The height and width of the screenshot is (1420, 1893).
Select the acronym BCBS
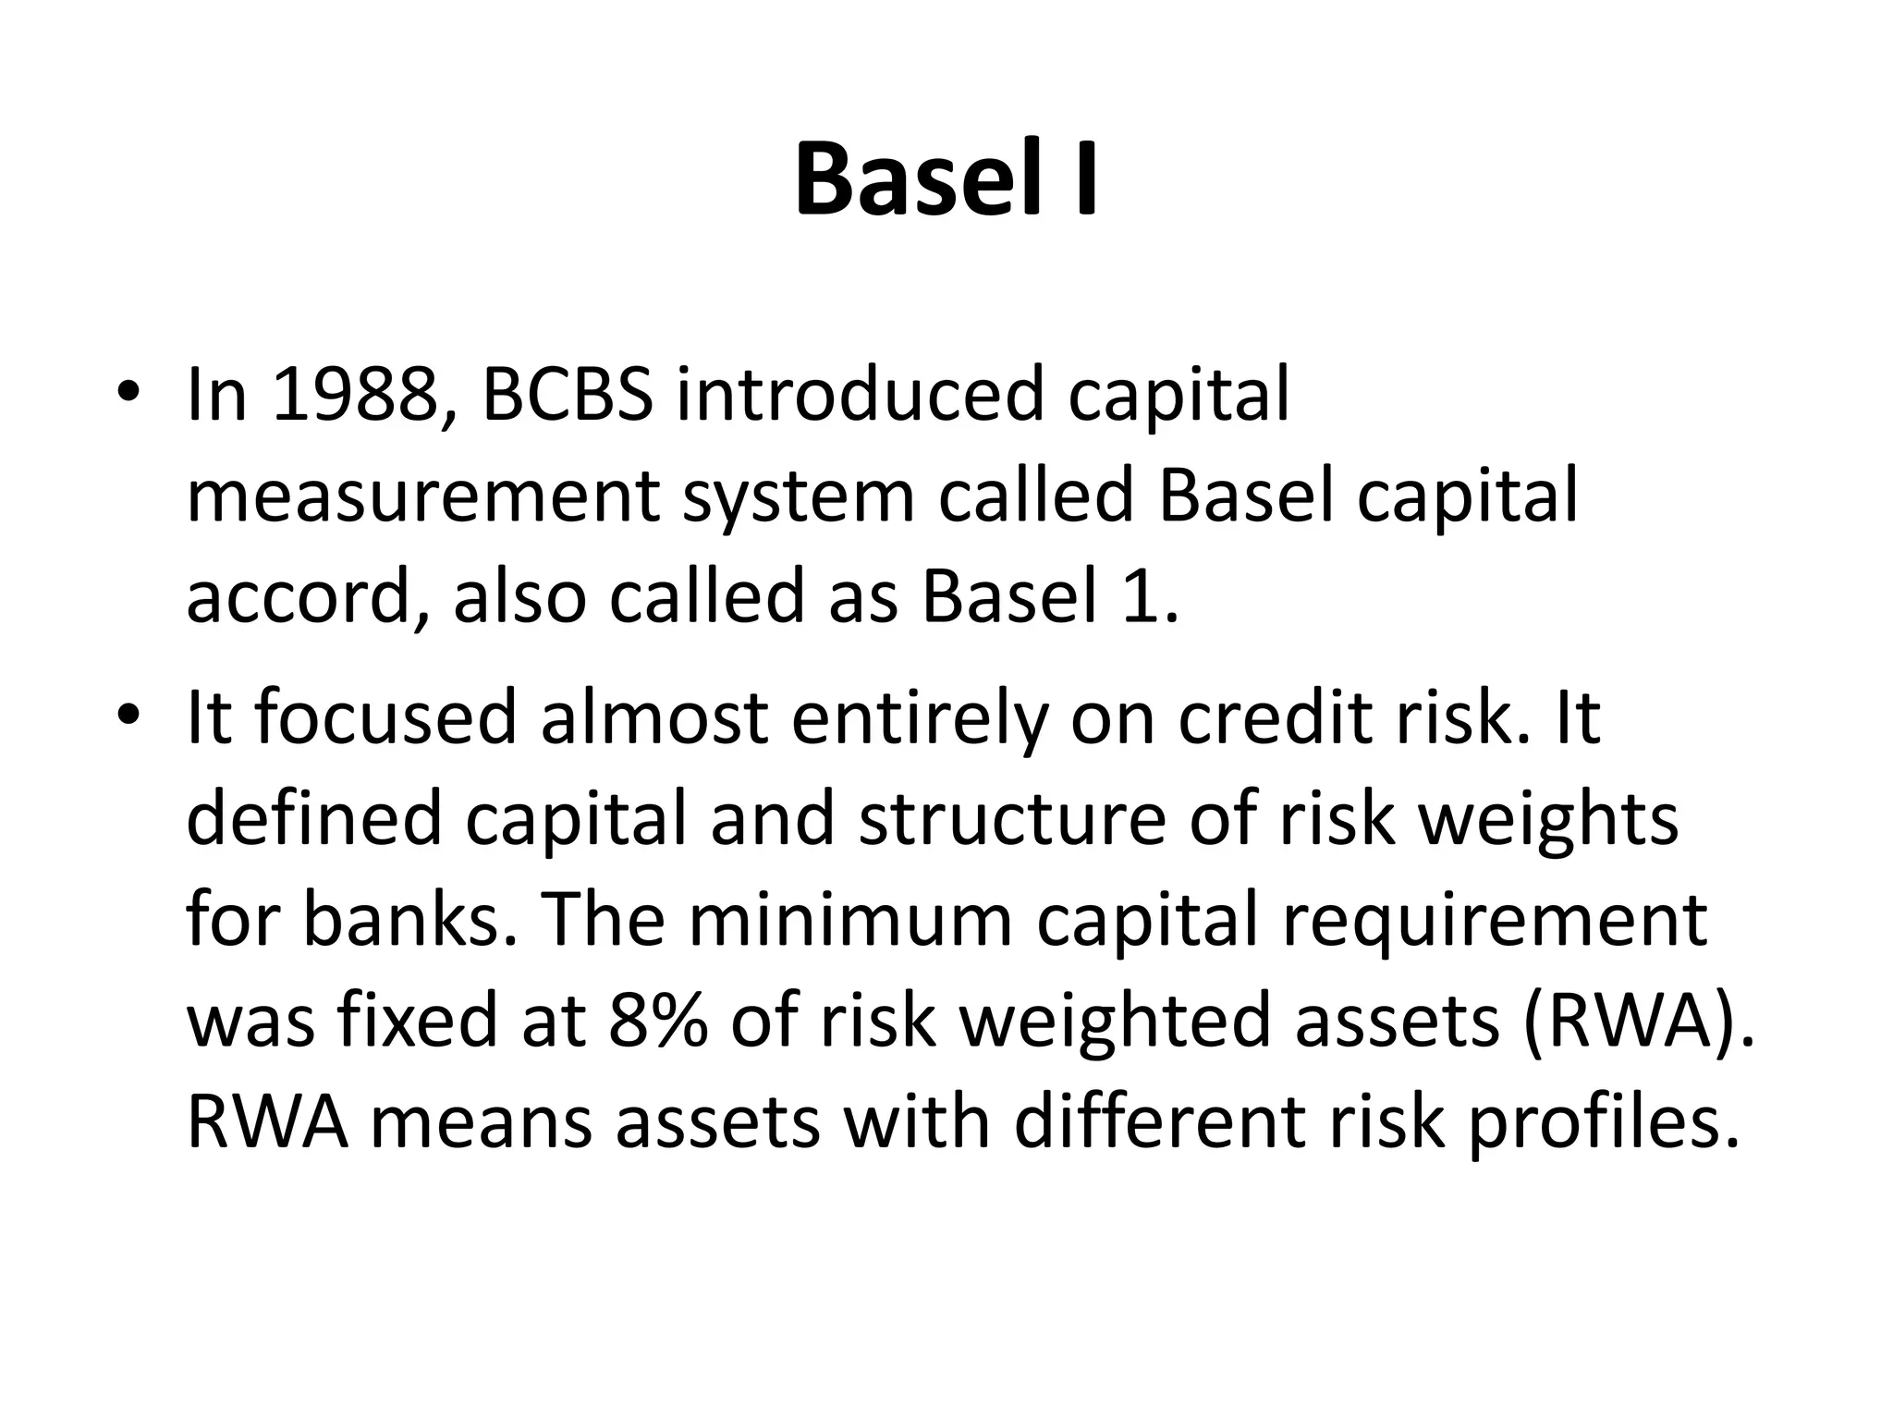pyautogui.click(x=567, y=395)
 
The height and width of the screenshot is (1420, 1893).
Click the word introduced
pyautogui.click(x=861, y=395)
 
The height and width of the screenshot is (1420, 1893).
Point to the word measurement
pyautogui.click(x=422, y=496)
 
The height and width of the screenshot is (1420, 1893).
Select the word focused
pyautogui.click(x=385, y=718)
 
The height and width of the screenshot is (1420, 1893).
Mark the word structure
pyautogui.click(x=1012, y=820)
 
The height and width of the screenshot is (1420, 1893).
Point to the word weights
pyautogui.click(x=1548, y=820)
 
